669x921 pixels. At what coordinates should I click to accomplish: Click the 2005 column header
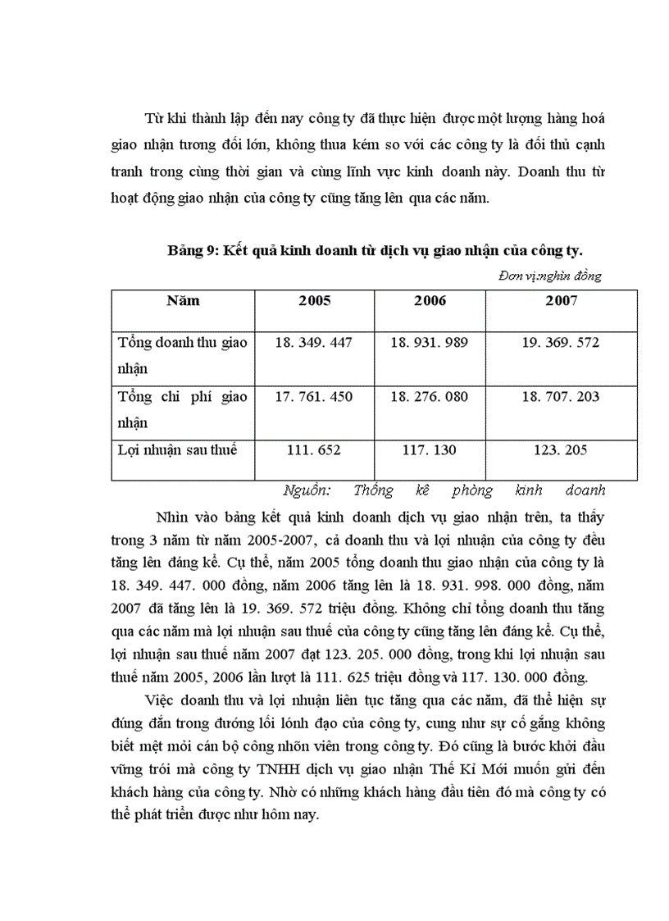[315, 301]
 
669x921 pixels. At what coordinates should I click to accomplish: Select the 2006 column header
[430, 301]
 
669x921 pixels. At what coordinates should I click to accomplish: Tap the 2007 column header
[562, 301]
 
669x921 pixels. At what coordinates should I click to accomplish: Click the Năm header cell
[183, 301]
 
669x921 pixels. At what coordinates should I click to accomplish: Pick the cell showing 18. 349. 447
[315, 343]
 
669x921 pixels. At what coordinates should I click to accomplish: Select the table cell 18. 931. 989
[430, 343]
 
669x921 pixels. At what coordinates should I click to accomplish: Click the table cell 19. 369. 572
[562, 343]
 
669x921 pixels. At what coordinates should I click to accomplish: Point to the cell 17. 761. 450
[315, 397]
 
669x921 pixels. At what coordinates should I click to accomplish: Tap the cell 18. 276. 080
[430, 397]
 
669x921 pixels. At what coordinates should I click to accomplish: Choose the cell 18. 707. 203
[562, 397]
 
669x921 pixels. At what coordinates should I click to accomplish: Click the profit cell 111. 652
[315, 450]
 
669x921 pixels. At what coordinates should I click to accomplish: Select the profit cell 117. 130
[430, 450]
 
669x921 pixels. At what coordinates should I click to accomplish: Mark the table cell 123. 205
[562, 450]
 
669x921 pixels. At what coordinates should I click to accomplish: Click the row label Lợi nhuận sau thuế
[177, 450]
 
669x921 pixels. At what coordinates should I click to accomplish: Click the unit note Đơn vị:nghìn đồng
[549, 276]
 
